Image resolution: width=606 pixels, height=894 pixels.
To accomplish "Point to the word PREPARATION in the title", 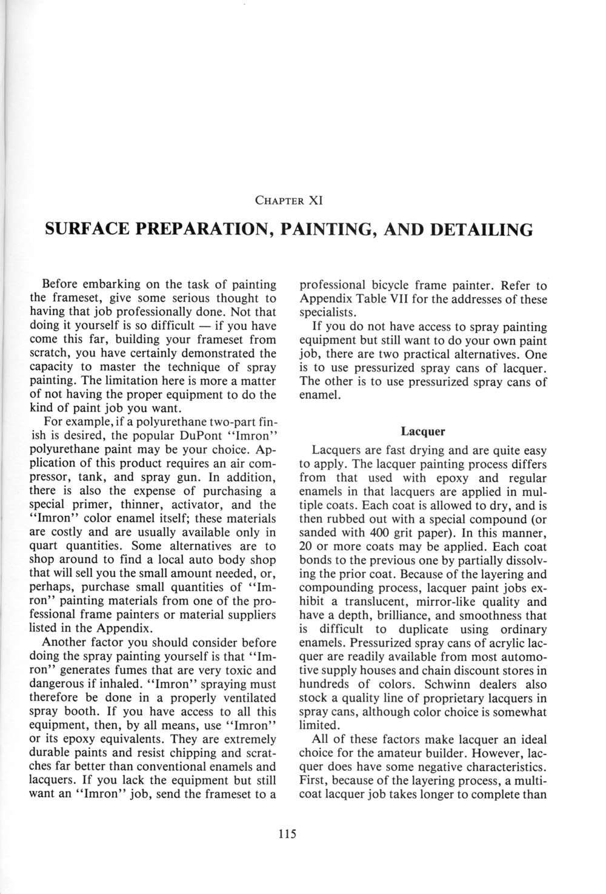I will [x=208, y=229].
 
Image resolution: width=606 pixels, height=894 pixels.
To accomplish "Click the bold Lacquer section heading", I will [x=423, y=432].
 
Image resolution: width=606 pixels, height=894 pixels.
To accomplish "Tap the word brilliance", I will [x=390, y=616].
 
